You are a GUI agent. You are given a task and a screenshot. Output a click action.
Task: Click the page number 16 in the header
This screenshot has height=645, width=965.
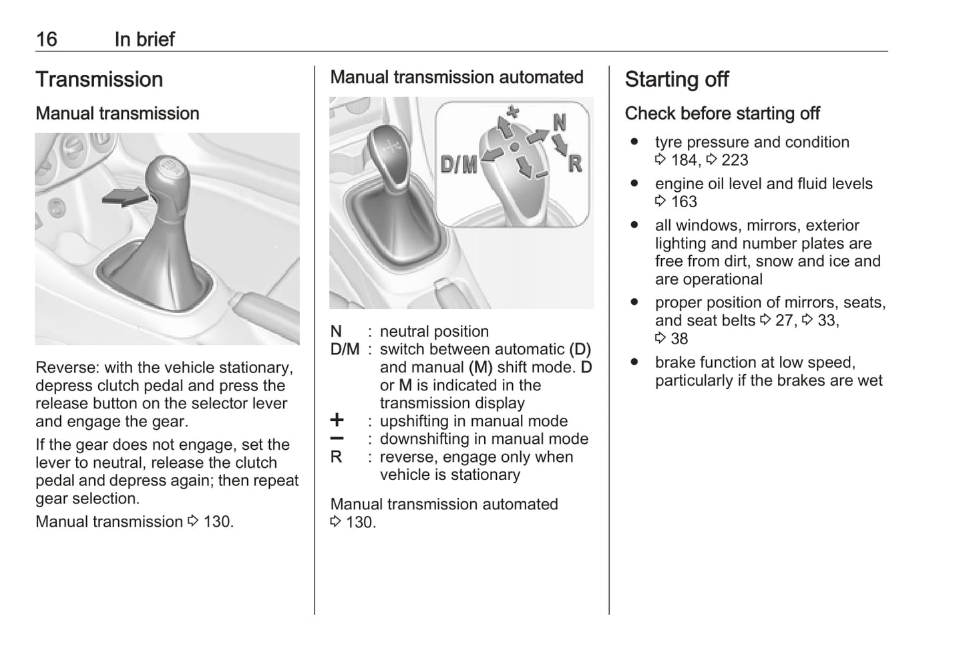pyautogui.click(x=47, y=39)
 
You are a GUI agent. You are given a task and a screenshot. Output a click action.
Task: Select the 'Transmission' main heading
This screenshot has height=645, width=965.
pyautogui.click(x=99, y=80)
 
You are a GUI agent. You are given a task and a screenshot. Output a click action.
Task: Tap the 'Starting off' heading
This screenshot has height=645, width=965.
pyautogui.click(x=677, y=80)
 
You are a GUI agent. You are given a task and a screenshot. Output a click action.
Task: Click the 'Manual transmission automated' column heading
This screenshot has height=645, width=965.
pyautogui.click(x=457, y=78)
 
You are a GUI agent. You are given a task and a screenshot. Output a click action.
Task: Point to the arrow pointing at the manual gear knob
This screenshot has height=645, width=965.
pyautogui.click(x=125, y=197)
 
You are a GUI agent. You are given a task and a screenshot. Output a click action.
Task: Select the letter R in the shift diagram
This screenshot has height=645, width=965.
pyautogui.click(x=574, y=163)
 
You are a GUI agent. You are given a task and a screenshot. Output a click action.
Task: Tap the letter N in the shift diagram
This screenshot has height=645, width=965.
pyautogui.click(x=560, y=122)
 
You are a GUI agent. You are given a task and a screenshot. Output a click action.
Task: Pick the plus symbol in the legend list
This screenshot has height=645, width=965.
pyautogui.click(x=337, y=420)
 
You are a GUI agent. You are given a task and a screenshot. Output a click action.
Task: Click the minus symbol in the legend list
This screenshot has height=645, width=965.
pyautogui.click(x=337, y=438)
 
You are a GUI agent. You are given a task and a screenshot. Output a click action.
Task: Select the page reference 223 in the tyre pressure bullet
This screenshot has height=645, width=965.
pyautogui.click(x=735, y=160)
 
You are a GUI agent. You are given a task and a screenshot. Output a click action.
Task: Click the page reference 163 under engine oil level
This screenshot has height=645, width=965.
pyautogui.click(x=683, y=202)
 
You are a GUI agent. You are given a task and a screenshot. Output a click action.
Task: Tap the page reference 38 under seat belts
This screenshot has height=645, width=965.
pyautogui.click(x=679, y=339)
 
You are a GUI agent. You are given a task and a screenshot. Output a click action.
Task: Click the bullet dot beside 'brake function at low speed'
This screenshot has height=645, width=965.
pyautogui.click(x=634, y=362)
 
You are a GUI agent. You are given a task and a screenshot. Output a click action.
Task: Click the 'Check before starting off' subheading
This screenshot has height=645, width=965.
pyautogui.click(x=722, y=114)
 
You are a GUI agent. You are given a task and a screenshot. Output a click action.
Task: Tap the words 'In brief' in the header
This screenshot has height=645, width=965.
pyautogui.click(x=144, y=39)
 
